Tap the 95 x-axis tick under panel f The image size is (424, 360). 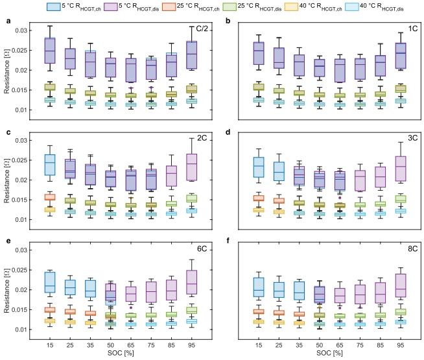400,344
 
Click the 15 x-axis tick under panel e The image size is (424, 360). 49,344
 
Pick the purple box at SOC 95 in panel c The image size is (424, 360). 191,167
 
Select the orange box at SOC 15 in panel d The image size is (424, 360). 258,198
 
